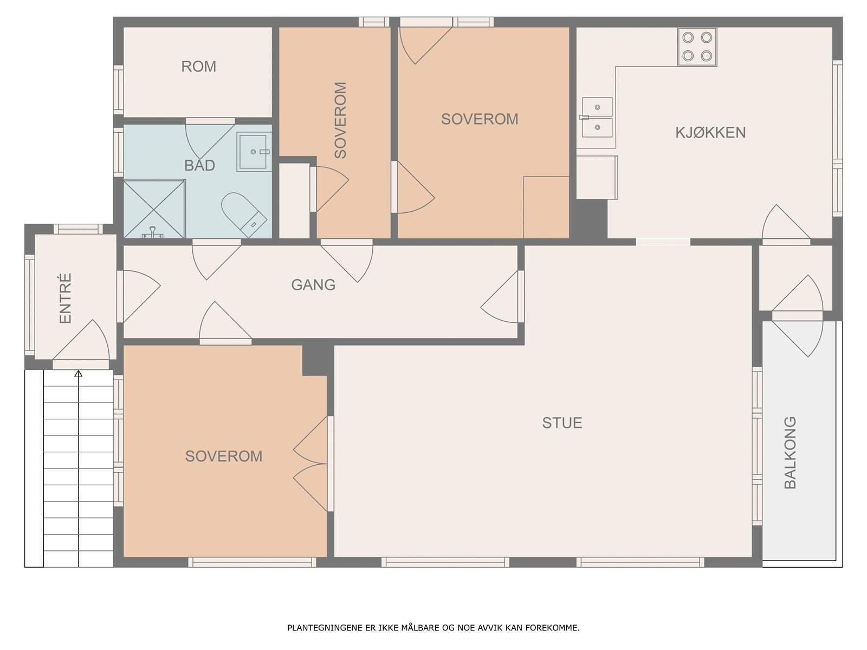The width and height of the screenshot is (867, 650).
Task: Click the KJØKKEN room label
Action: pos(710,133)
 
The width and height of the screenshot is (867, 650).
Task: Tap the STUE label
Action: pos(562,423)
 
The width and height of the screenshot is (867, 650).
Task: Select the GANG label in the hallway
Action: pos(313,285)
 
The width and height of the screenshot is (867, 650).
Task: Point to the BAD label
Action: pos(199,165)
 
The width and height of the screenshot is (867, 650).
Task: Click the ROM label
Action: pos(199,67)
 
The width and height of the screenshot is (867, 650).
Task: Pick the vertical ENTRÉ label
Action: pos(66,298)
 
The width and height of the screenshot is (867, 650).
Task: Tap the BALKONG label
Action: pos(790,452)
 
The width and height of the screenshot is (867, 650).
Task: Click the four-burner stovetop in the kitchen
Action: pos(697,47)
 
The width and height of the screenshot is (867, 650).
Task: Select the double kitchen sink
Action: pos(597,118)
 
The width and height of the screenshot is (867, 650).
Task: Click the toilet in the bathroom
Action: pos(243,214)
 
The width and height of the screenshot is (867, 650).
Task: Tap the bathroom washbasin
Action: pos(254,152)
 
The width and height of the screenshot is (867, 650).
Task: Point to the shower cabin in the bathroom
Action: pos(154,209)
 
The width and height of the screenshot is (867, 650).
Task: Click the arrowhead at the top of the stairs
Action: pos(78,373)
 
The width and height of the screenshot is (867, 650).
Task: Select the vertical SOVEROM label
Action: pos(340,120)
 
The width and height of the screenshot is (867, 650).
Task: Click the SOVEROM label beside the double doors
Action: pos(224,456)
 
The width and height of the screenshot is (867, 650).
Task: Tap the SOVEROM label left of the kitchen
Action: pos(480,119)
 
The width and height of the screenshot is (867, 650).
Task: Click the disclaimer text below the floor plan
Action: pos(433,627)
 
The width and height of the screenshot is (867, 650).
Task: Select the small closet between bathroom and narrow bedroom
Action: pos(294,200)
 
